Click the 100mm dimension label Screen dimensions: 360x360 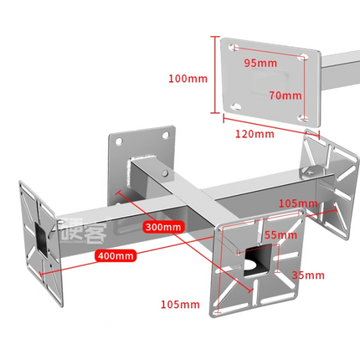pos(187,79)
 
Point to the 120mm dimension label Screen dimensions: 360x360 pos(253,134)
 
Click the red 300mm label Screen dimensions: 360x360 pos(162,227)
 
